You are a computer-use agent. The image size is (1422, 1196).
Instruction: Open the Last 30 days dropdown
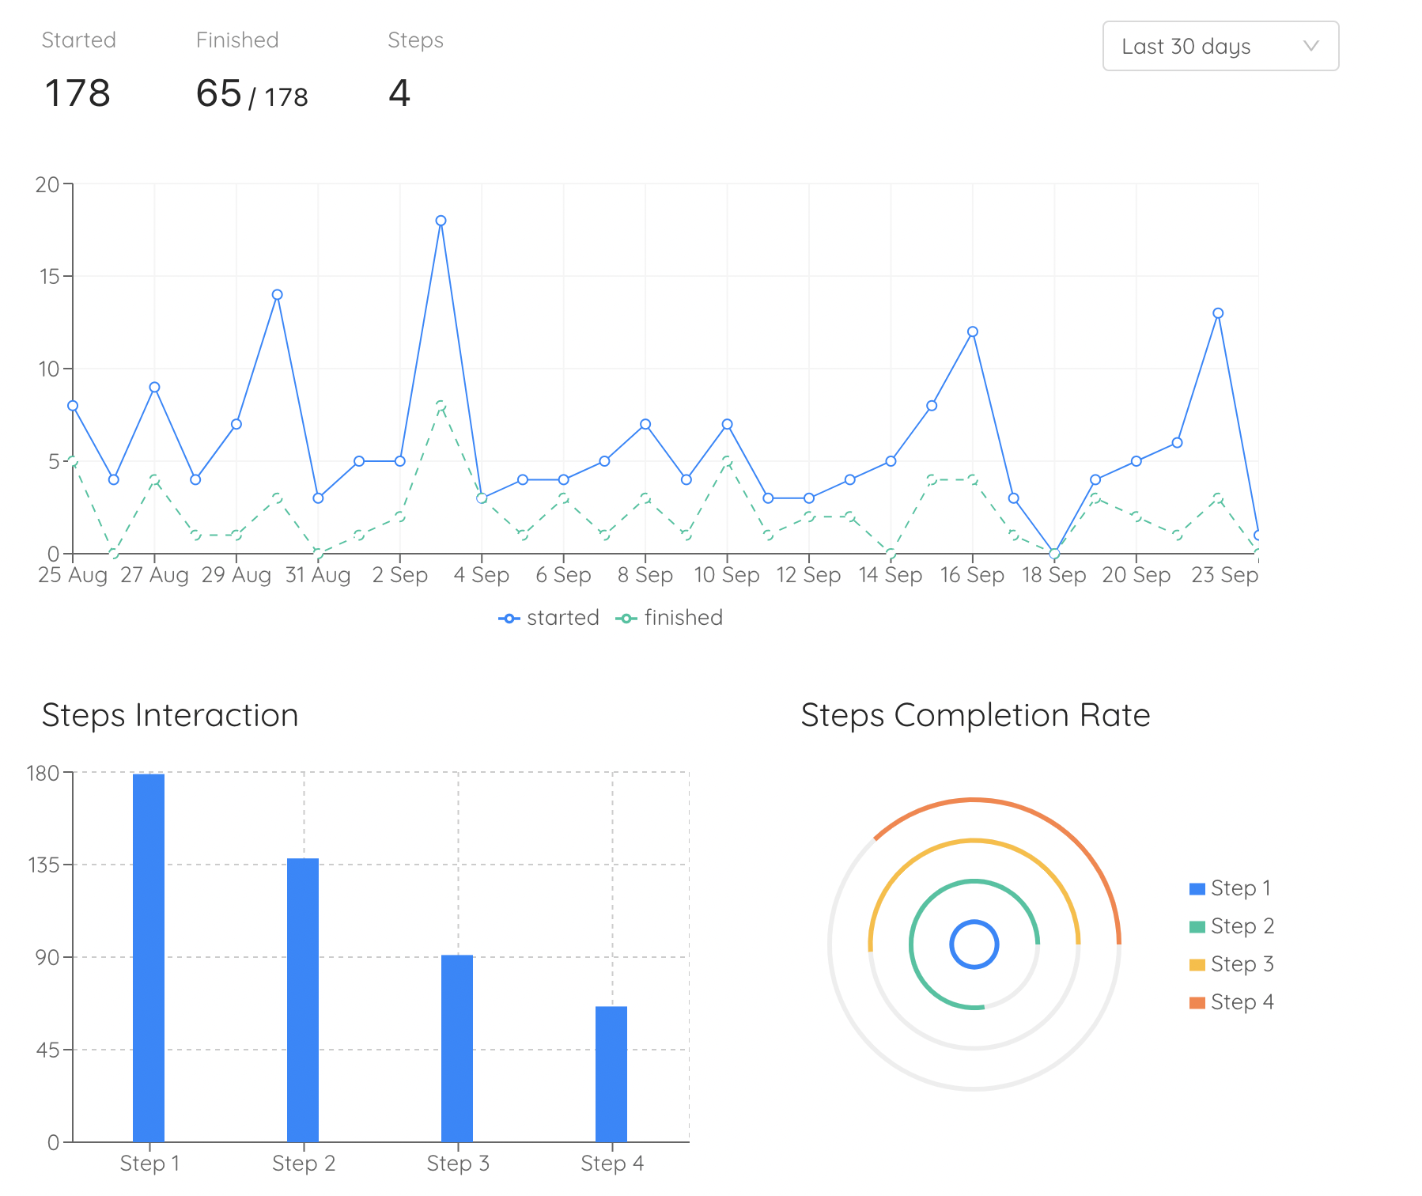pyautogui.click(x=1220, y=47)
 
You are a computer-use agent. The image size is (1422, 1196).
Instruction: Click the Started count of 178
pyautogui.click(x=78, y=93)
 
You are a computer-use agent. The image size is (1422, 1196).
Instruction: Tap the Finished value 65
pyautogui.click(x=218, y=93)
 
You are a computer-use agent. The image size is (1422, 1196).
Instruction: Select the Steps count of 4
pyautogui.click(x=399, y=93)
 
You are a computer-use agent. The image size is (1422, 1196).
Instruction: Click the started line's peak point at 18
pyautogui.click(x=441, y=221)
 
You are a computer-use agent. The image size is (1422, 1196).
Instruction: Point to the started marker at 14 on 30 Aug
pyautogui.click(x=277, y=295)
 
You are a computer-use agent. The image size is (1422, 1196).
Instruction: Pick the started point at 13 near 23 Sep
pyautogui.click(x=1218, y=313)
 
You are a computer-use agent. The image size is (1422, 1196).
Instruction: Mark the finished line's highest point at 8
pyautogui.click(x=441, y=406)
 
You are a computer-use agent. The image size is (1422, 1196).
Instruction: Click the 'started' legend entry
pyautogui.click(x=549, y=618)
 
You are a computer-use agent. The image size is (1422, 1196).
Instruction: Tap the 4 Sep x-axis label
pyautogui.click(x=482, y=575)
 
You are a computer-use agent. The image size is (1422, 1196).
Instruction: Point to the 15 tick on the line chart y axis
pyautogui.click(x=49, y=276)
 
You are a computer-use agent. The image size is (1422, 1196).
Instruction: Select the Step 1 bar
pyautogui.click(x=149, y=957)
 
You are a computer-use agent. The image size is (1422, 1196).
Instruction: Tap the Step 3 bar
pyautogui.click(x=457, y=1048)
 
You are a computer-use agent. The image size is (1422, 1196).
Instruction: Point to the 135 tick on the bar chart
pyautogui.click(x=44, y=865)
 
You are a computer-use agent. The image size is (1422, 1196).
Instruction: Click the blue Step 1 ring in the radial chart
pyautogui.click(x=974, y=922)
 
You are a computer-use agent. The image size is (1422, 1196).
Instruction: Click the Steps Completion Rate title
pyautogui.click(x=975, y=715)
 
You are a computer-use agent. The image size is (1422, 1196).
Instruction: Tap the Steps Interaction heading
pyautogui.click(x=170, y=715)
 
